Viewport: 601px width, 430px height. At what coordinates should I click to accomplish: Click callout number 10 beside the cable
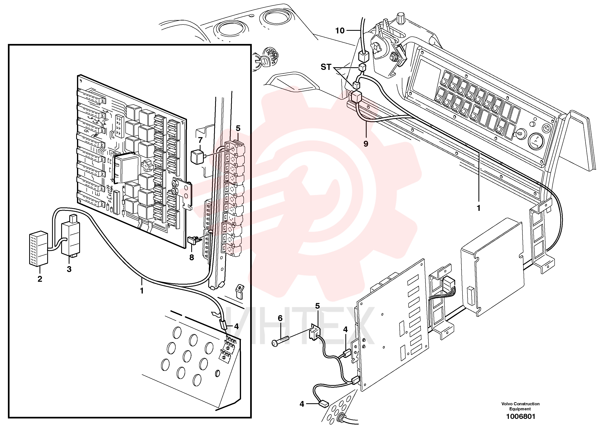(x=340, y=31)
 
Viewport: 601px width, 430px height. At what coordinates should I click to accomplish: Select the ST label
(x=326, y=67)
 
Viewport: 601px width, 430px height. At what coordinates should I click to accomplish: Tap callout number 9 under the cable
(x=366, y=144)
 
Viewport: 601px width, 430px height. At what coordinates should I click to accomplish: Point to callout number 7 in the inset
(x=200, y=140)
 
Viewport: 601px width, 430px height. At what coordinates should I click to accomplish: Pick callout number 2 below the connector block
(x=40, y=279)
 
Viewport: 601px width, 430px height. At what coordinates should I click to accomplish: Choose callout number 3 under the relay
(x=69, y=269)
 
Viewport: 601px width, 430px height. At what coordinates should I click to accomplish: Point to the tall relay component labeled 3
(x=71, y=236)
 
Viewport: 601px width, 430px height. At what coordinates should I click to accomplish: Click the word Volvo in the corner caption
(x=507, y=404)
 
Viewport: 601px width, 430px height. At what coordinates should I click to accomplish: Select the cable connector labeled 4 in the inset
(x=223, y=324)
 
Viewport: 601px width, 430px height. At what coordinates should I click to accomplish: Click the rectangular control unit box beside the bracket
(x=492, y=267)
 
